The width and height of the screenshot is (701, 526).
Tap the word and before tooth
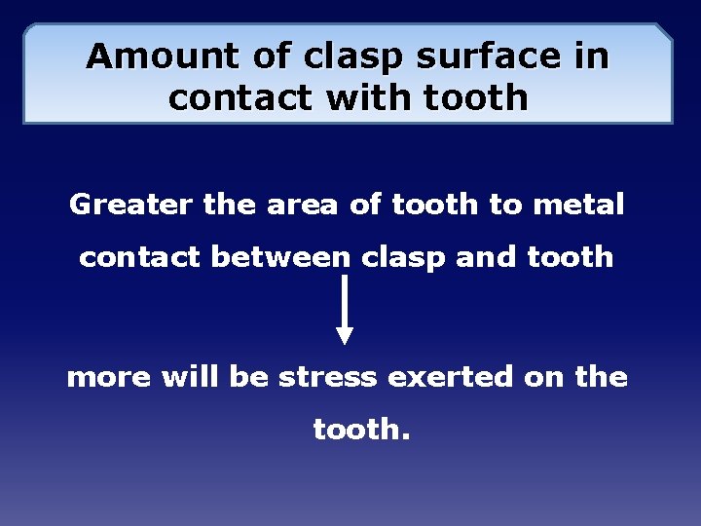pos(491,257)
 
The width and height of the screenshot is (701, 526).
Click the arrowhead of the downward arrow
pos(345,334)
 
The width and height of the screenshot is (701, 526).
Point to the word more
pos(109,377)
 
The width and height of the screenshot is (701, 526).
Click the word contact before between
pos(139,258)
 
